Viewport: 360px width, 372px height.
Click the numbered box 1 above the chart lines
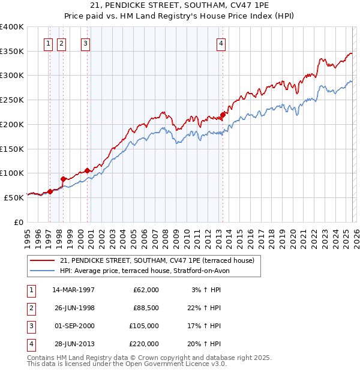coord(48,43)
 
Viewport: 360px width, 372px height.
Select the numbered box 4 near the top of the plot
coord(221,43)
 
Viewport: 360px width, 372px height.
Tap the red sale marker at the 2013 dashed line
coord(223,115)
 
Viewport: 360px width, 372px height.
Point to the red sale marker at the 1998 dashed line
coord(64,178)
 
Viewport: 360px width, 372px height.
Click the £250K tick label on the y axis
coord(12,100)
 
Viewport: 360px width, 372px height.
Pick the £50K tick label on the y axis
coord(14,197)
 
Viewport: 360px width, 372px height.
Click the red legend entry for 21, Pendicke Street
coord(157,260)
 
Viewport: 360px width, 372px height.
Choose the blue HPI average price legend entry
coord(144,271)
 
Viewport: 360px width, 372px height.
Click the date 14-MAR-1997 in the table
coord(73,290)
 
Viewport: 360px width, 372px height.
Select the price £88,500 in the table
coord(145,308)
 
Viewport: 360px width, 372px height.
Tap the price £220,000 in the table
coord(143,344)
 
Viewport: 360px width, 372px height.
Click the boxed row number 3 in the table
coord(31,326)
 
